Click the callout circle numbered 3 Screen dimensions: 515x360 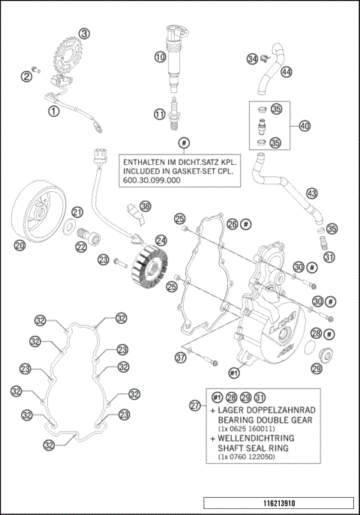pyautogui.click(x=84, y=33)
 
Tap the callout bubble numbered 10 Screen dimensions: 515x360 pyautogui.click(x=160, y=57)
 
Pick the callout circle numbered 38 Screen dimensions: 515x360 pyautogui.click(x=145, y=206)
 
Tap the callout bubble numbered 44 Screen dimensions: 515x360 pyautogui.click(x=286, y=72)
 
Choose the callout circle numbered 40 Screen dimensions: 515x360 pyautogui.click(x=304, y=125)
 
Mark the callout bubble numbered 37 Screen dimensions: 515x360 pyautogui.click(x=181, y=358)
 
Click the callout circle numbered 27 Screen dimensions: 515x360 pyautogui.click(x=195, y=406)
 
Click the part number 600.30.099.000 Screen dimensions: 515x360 pyautogui.click(x=149, y=181)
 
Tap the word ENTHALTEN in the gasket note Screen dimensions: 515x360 pyautogui.click(x=148, y=160)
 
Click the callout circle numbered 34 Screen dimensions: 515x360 pyautogui.click(x=253, y=59)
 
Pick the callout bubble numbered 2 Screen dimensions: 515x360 pyautogui.click(x=25, y=75)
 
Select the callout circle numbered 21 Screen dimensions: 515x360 pyautogui.click(x=77, y=211)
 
